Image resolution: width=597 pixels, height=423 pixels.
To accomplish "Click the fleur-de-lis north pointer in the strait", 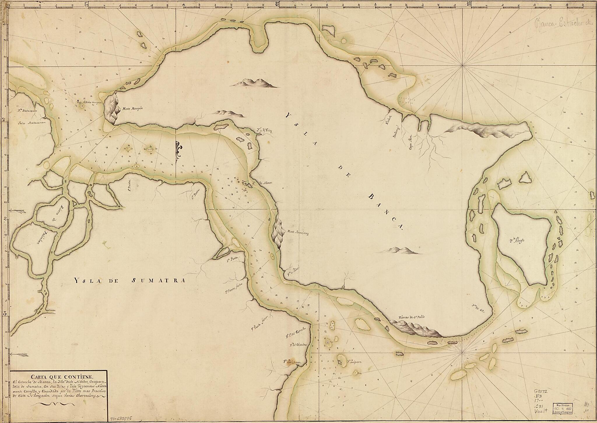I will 179,151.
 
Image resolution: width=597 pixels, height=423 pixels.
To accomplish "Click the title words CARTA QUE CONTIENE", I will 58,376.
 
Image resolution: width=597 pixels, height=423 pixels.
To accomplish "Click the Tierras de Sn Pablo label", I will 412,318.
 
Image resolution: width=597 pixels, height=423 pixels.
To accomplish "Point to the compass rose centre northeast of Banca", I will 463,67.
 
